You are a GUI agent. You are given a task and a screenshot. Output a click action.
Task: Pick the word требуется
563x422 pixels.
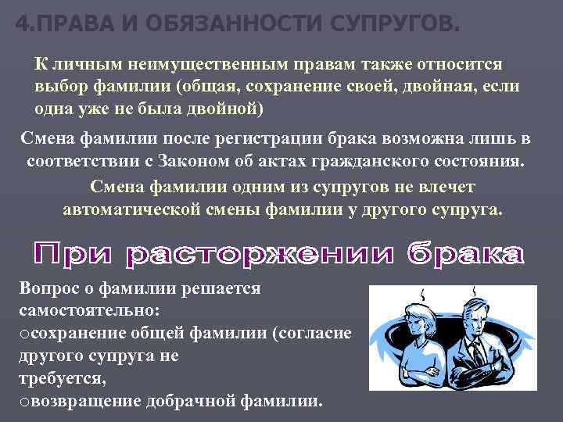tap(59, 378)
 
